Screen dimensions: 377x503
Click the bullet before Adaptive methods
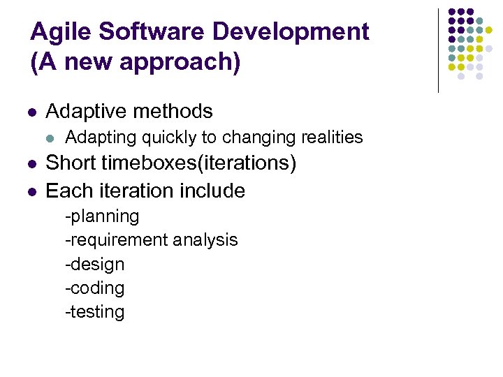(x=33, y=112)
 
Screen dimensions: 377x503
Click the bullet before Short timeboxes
(x=33, y=165)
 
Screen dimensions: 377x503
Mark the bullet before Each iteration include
(x=33, y=191)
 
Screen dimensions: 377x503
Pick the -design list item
(x=94, y=265)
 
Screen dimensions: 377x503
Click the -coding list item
(x=94, y=288)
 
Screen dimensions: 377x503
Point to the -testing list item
(x=94, y=311)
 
